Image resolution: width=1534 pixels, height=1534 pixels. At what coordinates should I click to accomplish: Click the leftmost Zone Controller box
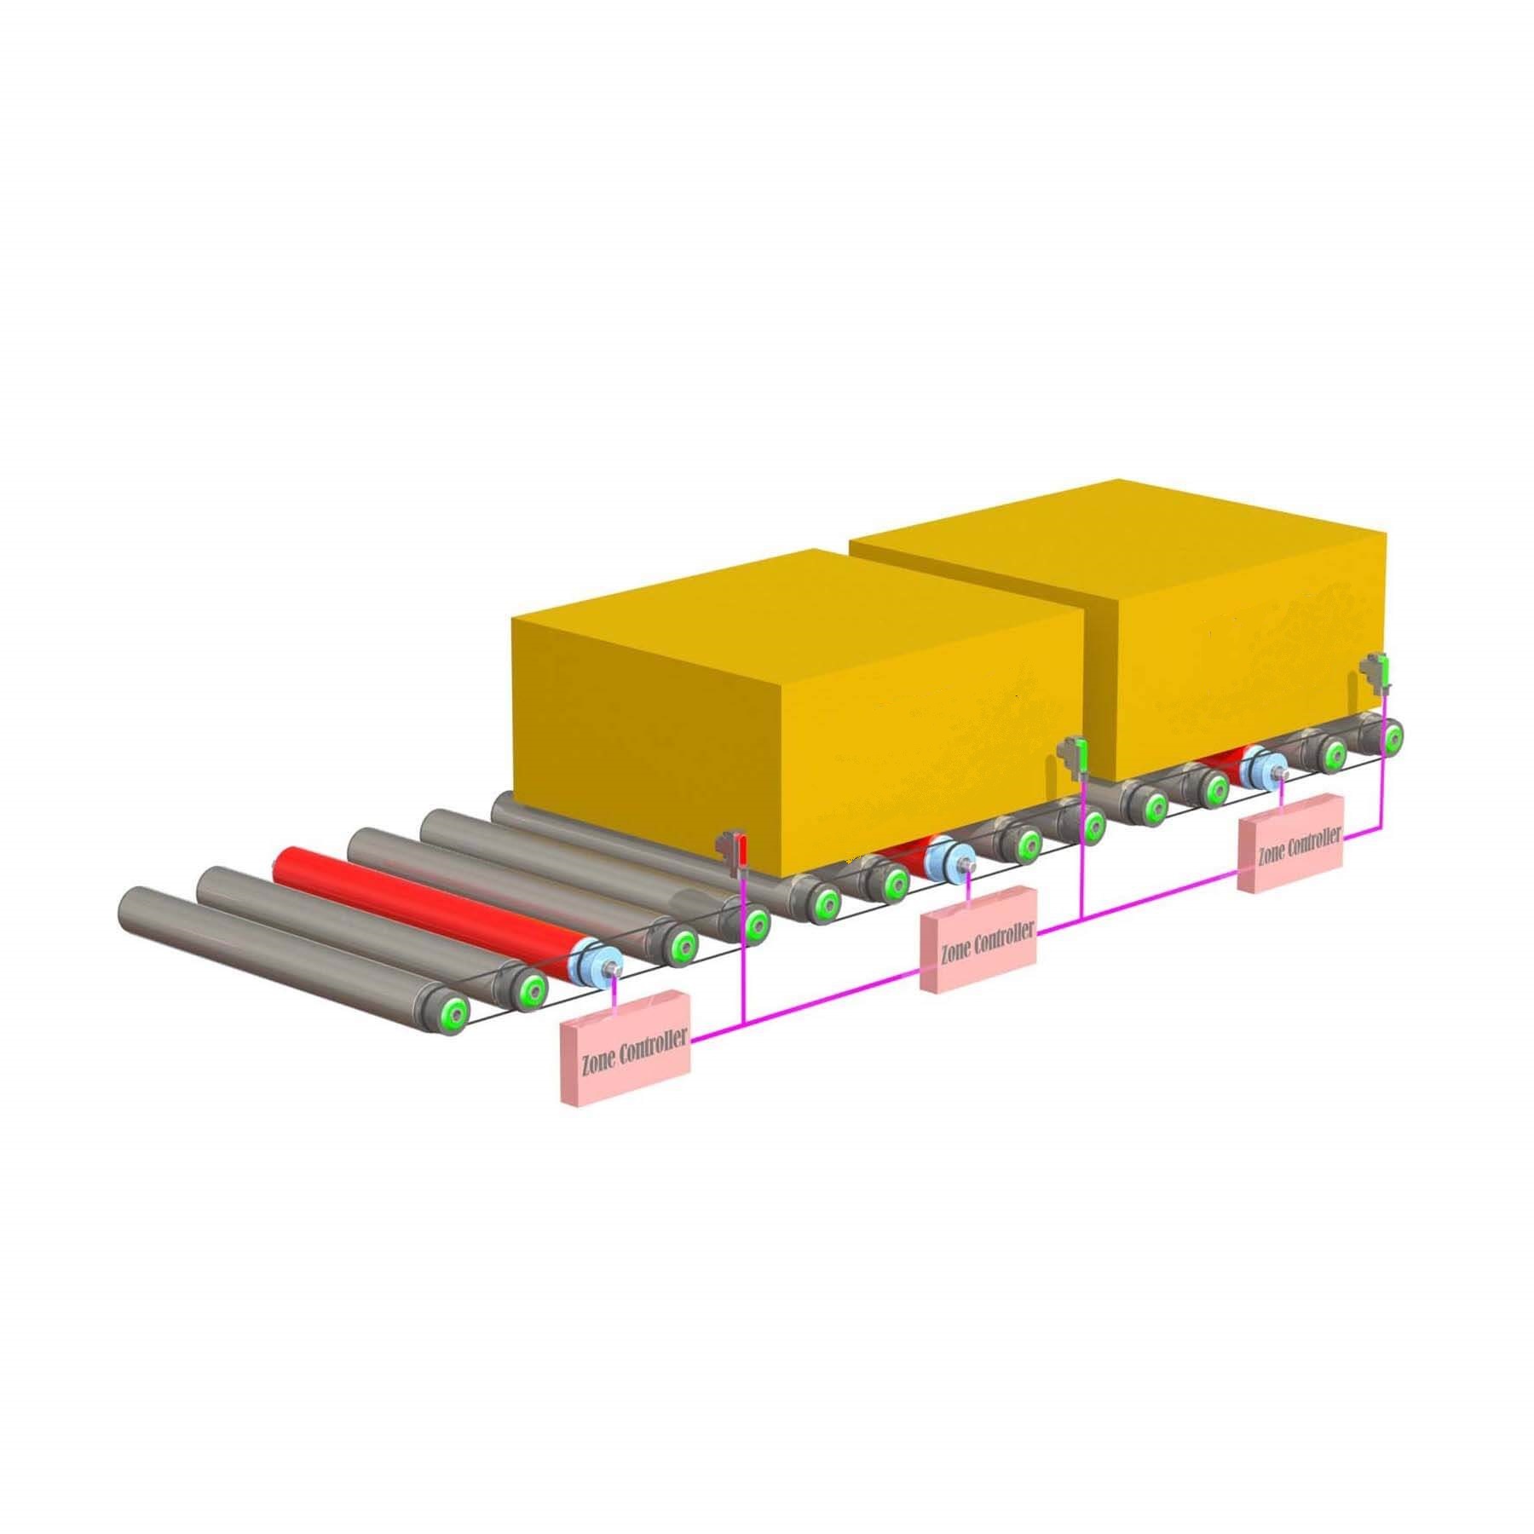point(625,1047)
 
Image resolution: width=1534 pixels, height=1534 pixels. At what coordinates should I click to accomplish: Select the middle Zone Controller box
point(978,938)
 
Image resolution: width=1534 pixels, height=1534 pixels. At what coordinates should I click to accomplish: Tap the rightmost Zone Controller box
point(1291,844)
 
